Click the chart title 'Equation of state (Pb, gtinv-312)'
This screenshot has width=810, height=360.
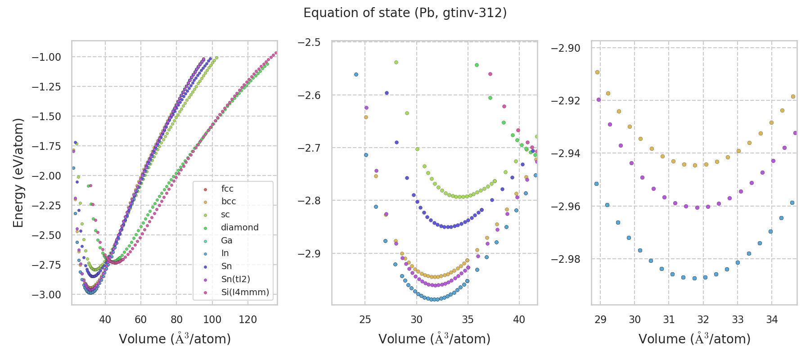(x=405, y=13)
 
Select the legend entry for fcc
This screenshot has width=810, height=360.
(x=227, y=189)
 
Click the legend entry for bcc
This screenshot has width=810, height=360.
(x=228, y=202)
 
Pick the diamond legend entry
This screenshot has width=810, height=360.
(x=239, y=228)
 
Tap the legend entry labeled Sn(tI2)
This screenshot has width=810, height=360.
(x=235, y=279)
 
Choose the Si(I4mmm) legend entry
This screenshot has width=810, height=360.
(x=245, y=292)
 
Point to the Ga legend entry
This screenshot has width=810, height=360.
(x=226, y=241)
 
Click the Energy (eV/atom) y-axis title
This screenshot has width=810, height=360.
(x=18, y=173)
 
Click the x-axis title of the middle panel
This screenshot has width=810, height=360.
(x=434, y=339)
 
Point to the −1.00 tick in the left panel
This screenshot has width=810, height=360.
(x=46, y=57)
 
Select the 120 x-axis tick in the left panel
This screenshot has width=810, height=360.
(x=247, y=319)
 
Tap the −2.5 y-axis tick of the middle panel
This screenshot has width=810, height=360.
(x=309, y=42)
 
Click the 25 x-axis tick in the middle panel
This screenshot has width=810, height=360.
(x=365, y=319)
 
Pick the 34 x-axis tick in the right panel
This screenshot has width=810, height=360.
(x=772, y=319)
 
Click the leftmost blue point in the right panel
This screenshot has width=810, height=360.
(x=596, y=184)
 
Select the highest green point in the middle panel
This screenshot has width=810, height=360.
(x=477, y=65)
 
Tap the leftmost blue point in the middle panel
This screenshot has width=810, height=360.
(x=356, y=74)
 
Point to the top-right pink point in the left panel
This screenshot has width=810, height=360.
(x=276, y=53)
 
